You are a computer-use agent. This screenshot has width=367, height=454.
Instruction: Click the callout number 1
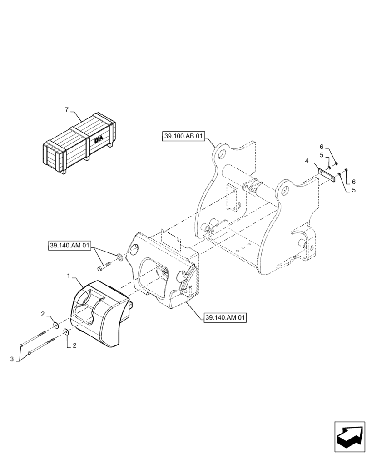pos(69,276)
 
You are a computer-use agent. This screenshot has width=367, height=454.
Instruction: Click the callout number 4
pos(307,161)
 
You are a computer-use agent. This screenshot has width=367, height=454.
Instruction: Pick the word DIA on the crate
pos(99,140)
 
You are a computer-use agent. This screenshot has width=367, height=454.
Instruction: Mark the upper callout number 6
pos(321,147)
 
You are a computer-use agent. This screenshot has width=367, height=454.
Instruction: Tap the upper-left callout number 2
pos(43,314)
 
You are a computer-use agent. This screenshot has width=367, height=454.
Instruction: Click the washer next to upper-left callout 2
pos(55,325)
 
